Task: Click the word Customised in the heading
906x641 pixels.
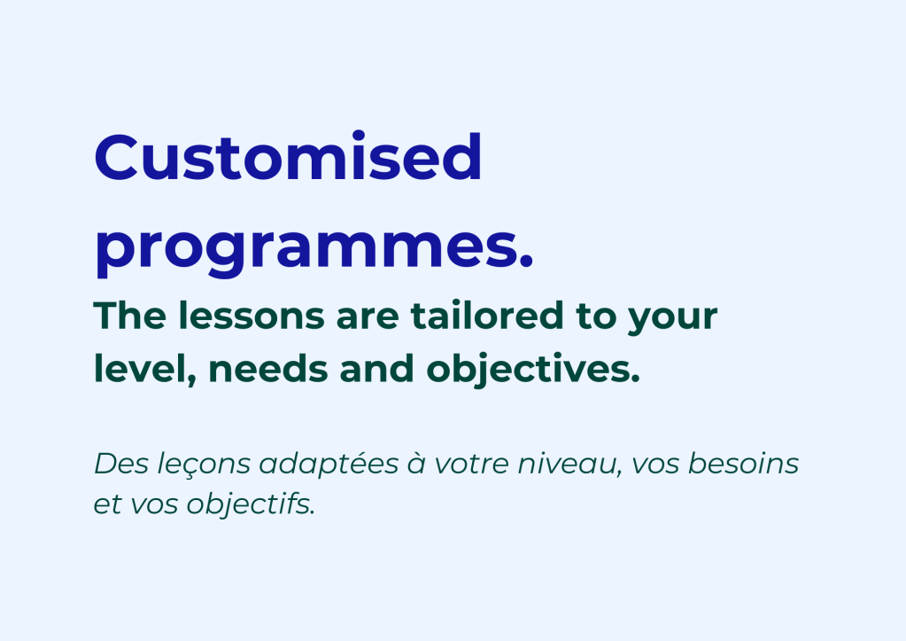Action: tap(288, 156)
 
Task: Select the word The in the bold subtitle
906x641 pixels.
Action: tap(130, 316)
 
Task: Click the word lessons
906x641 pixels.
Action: tap(252, 316)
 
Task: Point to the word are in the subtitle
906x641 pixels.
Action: tap(368, 319)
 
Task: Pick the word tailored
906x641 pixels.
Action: tap(487, 316)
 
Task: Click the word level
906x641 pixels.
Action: tap(144, 369)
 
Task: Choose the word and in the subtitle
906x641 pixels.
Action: tap(376, 369)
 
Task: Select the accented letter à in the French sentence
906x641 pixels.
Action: tap(416, 464)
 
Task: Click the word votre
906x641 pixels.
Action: tap(471, 465)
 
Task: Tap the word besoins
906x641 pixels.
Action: tap(744, 464)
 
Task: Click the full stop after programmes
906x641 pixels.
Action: tap(526, 262)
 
